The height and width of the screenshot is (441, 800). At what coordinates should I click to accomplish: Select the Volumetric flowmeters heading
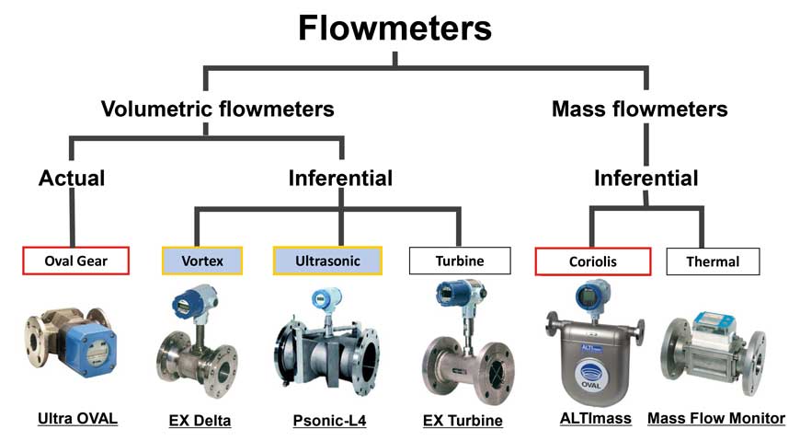pyautogui.click(x=218, y=110)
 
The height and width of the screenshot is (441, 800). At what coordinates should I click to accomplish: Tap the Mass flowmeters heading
pyautogui.click(x=640, y=110)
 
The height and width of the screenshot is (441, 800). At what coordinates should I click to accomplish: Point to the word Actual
pyautogui.click(x=72, y=178)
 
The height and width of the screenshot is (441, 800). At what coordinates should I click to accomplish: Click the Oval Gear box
pyautogui.click(x=75, y=261)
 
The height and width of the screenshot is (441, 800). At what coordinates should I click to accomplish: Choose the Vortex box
pyautogui.click(x=202, y=261)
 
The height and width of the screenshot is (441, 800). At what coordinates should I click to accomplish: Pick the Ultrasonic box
pyautogui.click(x=327, y=261)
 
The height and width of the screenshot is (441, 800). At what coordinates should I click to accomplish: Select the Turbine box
pyautogui.click(x=460, y=261)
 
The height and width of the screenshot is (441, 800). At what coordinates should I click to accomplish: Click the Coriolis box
pyautogui.click(x=592, y=261)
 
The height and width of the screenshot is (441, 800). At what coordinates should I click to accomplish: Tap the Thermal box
pyautogui.click(x=713, y=261)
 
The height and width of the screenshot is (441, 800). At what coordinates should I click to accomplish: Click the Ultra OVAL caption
pyautogui.click(x=77, y=419)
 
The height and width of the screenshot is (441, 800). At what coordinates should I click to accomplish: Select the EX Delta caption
pyautogui.click(x=200, y=421)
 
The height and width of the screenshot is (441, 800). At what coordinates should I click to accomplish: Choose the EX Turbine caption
pyautogui.click(x=463, y=421)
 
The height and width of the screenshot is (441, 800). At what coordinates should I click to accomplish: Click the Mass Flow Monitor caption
pyautogui.click(x=716, y=418)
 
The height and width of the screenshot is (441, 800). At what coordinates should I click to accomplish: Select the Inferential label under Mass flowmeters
pyautogui.click(x=646, y=178)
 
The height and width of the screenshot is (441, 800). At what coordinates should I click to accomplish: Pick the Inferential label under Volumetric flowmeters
pyautogui.click(x=340, y=178)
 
